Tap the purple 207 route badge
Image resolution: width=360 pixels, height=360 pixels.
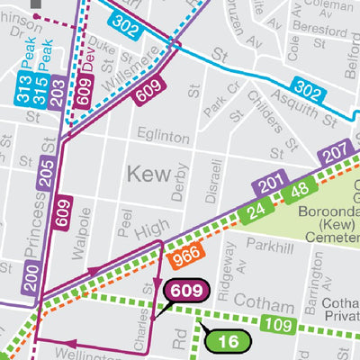coord(334,151)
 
